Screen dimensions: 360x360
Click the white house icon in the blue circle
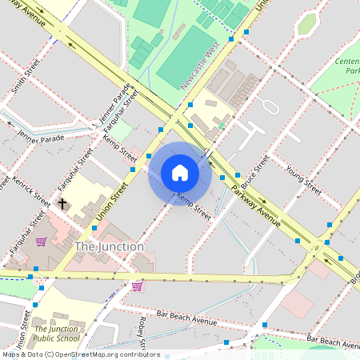(180, 173)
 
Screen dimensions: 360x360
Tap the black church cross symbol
(62, 204)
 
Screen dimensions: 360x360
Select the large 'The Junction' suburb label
(109, 246)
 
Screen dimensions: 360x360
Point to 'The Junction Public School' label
(56, 333)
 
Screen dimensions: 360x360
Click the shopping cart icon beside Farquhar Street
(41, 242)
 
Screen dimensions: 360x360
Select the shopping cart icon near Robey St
(137, 286)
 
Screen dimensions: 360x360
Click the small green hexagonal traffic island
(306, 24)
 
